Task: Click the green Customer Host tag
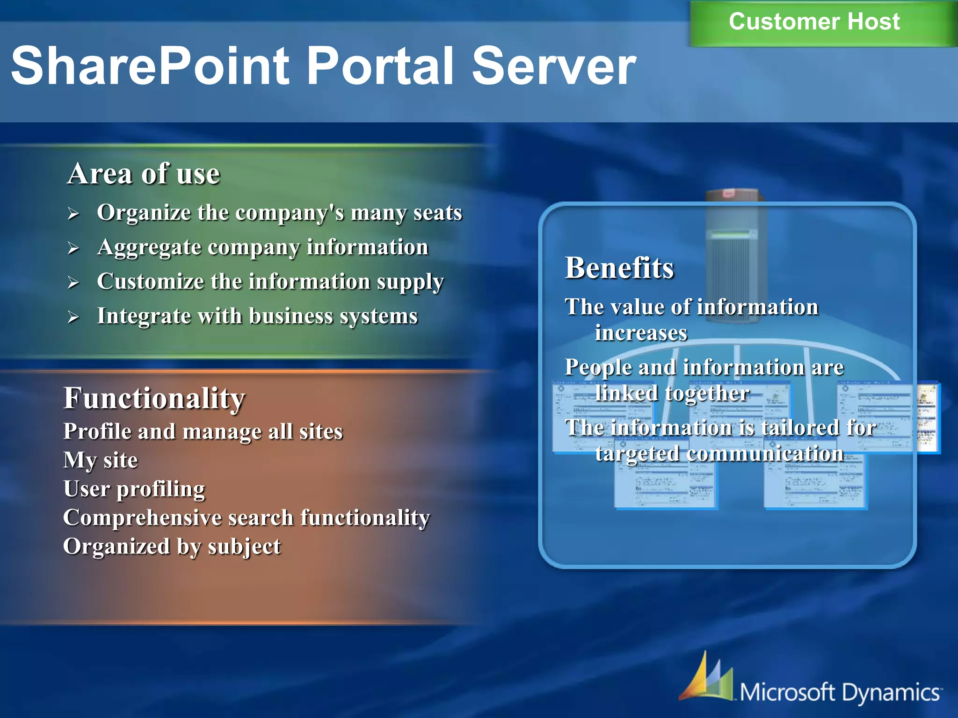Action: [814, 22]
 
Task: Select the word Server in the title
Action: [554, 66]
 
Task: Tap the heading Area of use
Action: [143, 174]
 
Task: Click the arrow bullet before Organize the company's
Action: [73, 214]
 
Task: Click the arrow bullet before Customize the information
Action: [73, 282]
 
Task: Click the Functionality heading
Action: [154, 398]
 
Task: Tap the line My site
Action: [101, 460]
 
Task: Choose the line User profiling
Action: [134, 489]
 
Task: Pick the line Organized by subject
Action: [172, 547]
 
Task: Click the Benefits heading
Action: [619, 268]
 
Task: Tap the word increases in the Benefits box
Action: [641, 333]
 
